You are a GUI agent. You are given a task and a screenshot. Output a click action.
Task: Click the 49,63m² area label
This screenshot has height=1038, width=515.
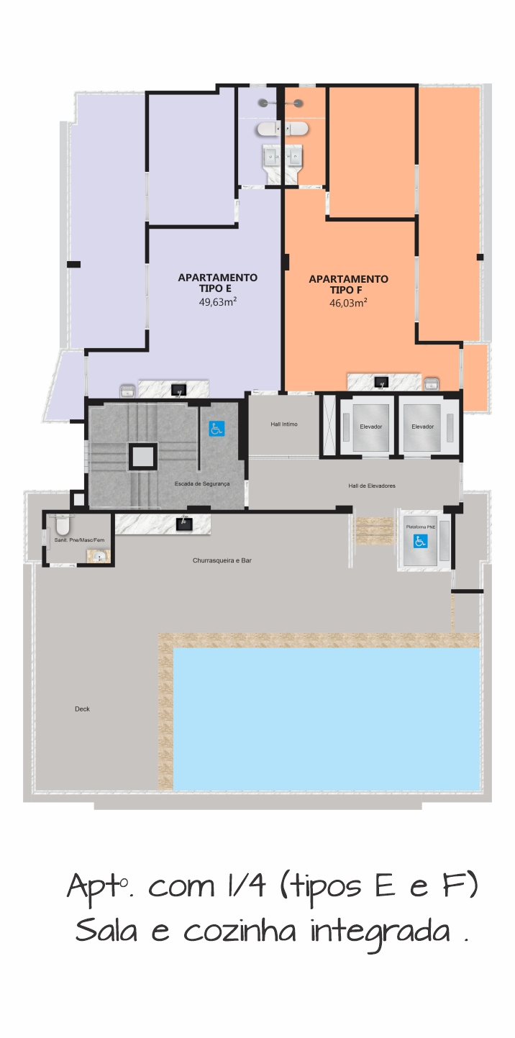pos(218,302)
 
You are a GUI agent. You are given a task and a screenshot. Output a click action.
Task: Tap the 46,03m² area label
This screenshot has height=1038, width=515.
pos(348,303)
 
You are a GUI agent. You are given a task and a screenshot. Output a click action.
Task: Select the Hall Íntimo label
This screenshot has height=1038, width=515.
pos(284,424)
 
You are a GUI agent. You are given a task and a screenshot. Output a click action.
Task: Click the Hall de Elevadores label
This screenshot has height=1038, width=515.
pos(372,486)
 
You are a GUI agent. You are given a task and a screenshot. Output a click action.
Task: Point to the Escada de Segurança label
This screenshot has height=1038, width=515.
pos(202,484)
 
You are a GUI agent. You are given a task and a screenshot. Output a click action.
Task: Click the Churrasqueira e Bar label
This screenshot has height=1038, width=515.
pos(222,560)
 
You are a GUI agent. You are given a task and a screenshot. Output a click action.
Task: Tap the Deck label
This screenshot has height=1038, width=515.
pos(83,709)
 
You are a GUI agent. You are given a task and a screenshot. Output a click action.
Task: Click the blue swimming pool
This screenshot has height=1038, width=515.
pos(327,719)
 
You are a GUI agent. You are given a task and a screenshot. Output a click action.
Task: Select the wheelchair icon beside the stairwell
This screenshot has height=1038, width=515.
pos(217,429)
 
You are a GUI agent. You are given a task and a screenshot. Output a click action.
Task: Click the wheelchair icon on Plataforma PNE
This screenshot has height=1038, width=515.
pos(421,541)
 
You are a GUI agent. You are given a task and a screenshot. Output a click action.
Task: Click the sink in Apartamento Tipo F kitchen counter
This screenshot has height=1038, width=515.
pos(431,383)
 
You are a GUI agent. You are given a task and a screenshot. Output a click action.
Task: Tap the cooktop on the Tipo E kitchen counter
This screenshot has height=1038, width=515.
pos(178,390)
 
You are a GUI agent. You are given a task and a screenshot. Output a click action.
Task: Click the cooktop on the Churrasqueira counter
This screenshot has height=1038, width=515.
pos(184,524)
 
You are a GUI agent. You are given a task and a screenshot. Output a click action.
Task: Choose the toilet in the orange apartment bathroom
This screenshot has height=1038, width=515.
pos(296,129)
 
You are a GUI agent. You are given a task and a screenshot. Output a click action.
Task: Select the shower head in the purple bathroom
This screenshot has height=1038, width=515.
pos(263,104)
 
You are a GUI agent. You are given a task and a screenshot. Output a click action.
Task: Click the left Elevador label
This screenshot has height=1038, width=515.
pos(371,427)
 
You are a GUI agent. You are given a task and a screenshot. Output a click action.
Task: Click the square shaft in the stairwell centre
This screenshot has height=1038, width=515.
pos(142,455)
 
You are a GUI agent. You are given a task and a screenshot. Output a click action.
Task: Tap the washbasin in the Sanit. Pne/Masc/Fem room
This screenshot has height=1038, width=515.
pos(98,556)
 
